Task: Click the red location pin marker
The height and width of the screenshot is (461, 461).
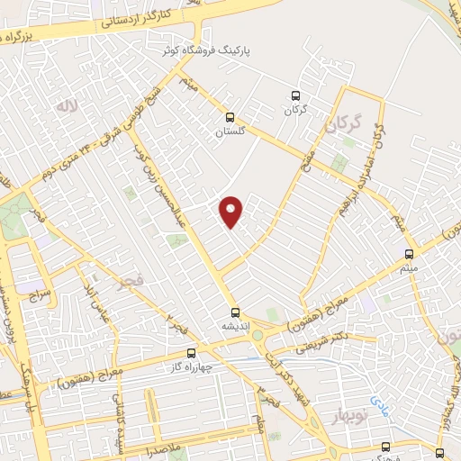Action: [232, 212]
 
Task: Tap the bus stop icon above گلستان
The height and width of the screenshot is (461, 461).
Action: [230, 116]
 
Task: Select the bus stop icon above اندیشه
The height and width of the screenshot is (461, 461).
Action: [235, 307]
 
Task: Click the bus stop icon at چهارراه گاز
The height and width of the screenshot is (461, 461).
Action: [190, 353]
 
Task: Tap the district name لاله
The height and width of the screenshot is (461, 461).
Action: [65, 106]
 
